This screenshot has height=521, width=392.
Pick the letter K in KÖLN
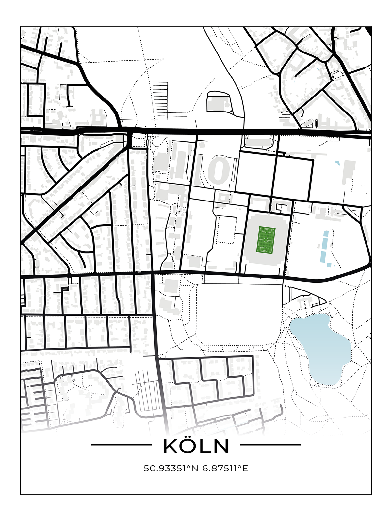[x=170, y=447]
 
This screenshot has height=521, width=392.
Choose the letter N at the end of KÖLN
[x=221, y=447]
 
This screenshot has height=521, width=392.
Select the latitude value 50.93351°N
[x=171, y=469]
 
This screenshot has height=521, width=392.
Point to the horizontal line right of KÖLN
[x=270, y=445]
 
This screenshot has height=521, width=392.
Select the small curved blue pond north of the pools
[x=337, y=162]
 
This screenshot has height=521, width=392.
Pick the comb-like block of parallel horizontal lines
[x=160, y=98]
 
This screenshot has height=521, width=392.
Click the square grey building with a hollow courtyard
[x=223, y=198]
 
